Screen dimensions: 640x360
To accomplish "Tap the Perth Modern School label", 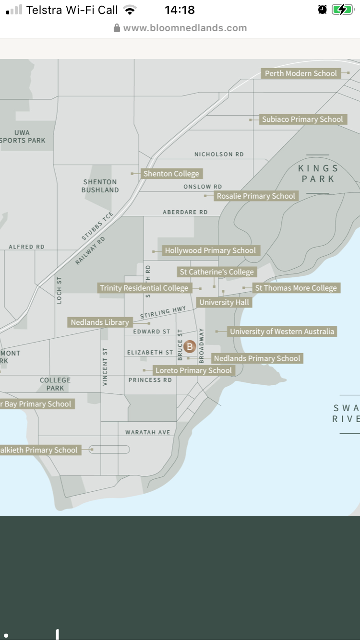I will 301,73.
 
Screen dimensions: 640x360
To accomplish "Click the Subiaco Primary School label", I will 302,119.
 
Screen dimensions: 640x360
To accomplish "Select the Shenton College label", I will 171,174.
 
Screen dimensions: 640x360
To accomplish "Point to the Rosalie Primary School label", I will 256,196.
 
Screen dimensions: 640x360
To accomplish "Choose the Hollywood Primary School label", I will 210,250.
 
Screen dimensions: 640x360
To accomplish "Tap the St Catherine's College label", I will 216,272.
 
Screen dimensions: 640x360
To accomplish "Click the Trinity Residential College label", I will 144,288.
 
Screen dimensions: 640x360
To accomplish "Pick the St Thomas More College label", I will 296,288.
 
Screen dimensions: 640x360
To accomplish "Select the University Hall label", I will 224,302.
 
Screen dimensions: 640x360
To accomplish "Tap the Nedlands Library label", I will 100,322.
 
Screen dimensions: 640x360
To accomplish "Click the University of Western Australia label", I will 282,332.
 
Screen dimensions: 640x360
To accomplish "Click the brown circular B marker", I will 190,346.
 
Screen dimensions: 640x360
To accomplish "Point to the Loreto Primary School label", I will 193,370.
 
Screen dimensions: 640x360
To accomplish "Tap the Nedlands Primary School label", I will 257,358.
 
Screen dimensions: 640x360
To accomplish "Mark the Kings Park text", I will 318,174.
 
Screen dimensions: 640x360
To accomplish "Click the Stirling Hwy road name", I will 163,313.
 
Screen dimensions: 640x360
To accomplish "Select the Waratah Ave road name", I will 148,432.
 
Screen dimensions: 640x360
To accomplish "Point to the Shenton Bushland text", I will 100,186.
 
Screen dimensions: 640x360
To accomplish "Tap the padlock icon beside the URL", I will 117,28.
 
